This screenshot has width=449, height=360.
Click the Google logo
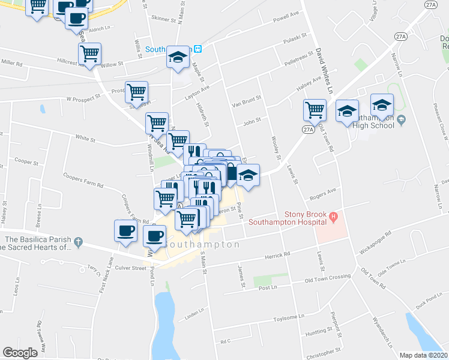click(20, 353)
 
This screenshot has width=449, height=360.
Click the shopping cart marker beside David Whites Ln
click(315, 110)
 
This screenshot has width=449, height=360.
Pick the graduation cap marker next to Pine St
click(247, 175)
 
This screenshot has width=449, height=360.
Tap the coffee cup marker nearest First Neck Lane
click(126, 231)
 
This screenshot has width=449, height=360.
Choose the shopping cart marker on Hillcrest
click(90, 53)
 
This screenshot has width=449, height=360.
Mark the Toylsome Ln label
click(289, 316)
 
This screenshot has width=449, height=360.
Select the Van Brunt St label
click(247, 101)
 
